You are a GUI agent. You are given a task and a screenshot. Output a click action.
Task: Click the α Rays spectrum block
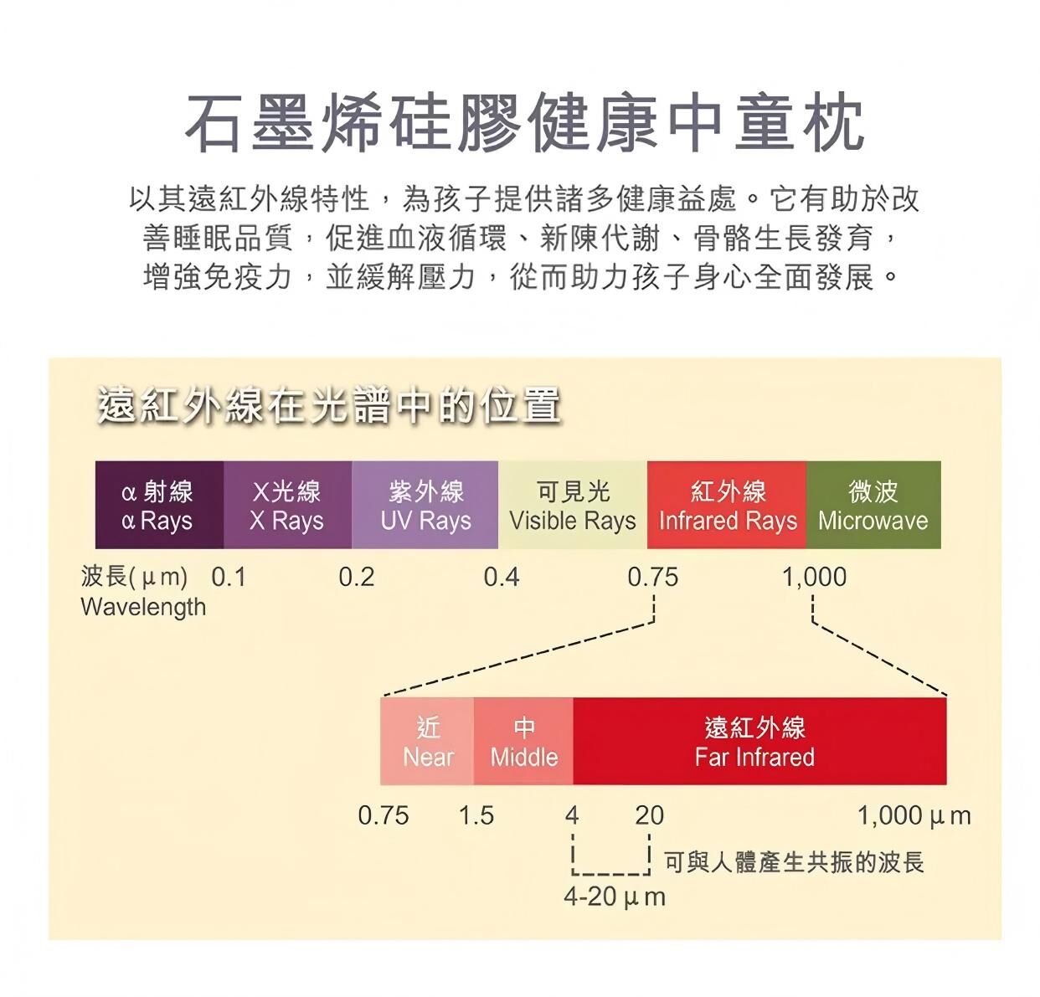(159, 505)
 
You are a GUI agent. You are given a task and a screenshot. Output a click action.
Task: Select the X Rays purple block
(287, 505)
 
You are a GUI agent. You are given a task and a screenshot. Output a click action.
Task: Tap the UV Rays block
(425, 505)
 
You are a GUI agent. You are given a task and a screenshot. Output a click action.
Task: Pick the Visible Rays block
(573, 505)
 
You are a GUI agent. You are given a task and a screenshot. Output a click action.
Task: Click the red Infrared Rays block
(727, 505)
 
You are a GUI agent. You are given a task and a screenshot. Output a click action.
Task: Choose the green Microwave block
(873, 505)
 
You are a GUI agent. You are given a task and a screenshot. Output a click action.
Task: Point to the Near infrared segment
(427, 742)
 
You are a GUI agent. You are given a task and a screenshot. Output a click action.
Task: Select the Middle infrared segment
(523, 742)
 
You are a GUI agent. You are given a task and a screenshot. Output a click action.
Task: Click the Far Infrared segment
(759, 742)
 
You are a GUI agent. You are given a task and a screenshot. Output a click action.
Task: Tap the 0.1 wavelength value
(229, 578)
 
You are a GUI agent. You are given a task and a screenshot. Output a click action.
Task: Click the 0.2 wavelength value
(356, 578)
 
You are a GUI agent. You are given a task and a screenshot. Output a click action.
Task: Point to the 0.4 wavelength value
(501, 578)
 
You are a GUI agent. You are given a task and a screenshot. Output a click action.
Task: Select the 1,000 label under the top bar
(814, 578)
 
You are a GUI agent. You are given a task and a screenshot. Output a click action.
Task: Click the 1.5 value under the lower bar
(476, 815)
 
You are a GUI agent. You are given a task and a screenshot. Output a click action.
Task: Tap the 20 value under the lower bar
(649, 815)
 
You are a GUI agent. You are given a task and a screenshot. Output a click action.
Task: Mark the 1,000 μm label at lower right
(914, 815)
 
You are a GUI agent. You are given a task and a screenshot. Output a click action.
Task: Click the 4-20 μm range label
(614, 897)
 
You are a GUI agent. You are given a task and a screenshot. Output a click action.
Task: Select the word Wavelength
(143, 607)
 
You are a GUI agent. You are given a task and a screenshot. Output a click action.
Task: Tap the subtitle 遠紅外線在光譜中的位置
(329, 406)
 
